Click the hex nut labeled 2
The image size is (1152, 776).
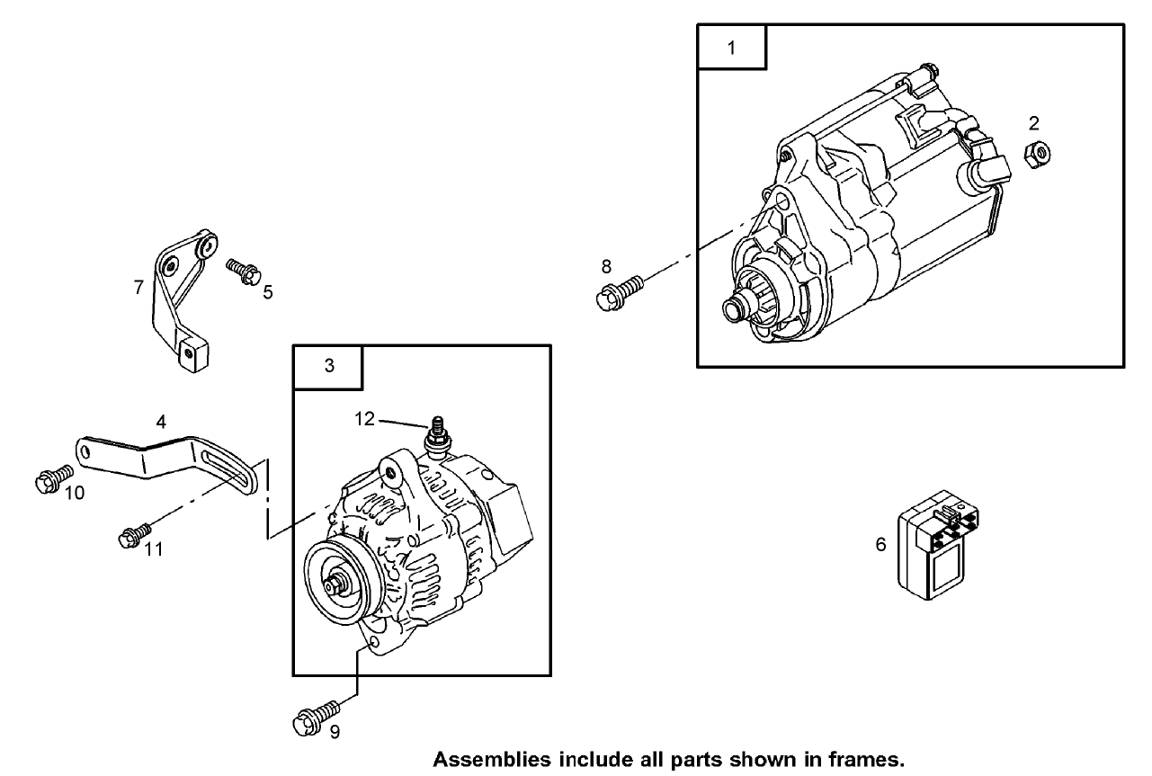1037,154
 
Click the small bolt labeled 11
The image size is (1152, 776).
132,535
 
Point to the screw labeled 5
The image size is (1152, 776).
241,269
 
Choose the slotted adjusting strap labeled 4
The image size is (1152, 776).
171,458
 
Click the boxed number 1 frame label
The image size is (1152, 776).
731,48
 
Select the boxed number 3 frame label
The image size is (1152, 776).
328,366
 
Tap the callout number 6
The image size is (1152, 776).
880,544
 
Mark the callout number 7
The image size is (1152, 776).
138,288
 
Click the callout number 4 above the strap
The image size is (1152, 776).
160,421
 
